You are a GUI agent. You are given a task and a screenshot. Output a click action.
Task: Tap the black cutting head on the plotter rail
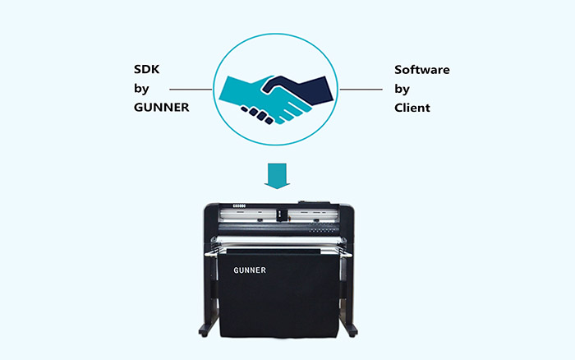[280, 217]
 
